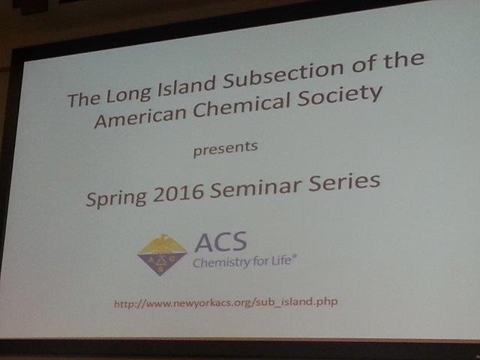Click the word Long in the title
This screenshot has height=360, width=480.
(129, 94)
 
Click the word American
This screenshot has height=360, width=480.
(140, 118)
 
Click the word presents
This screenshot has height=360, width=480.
(226, 148)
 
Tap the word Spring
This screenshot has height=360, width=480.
(116, 197)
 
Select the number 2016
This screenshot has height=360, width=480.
(178, 193)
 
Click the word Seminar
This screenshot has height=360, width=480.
(256, 187)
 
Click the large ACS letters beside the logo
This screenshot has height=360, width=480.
(220, 241)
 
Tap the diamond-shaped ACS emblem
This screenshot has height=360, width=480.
(162, 255)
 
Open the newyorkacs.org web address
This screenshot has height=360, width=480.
(226, 303)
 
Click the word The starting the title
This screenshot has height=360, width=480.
(83, 99)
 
